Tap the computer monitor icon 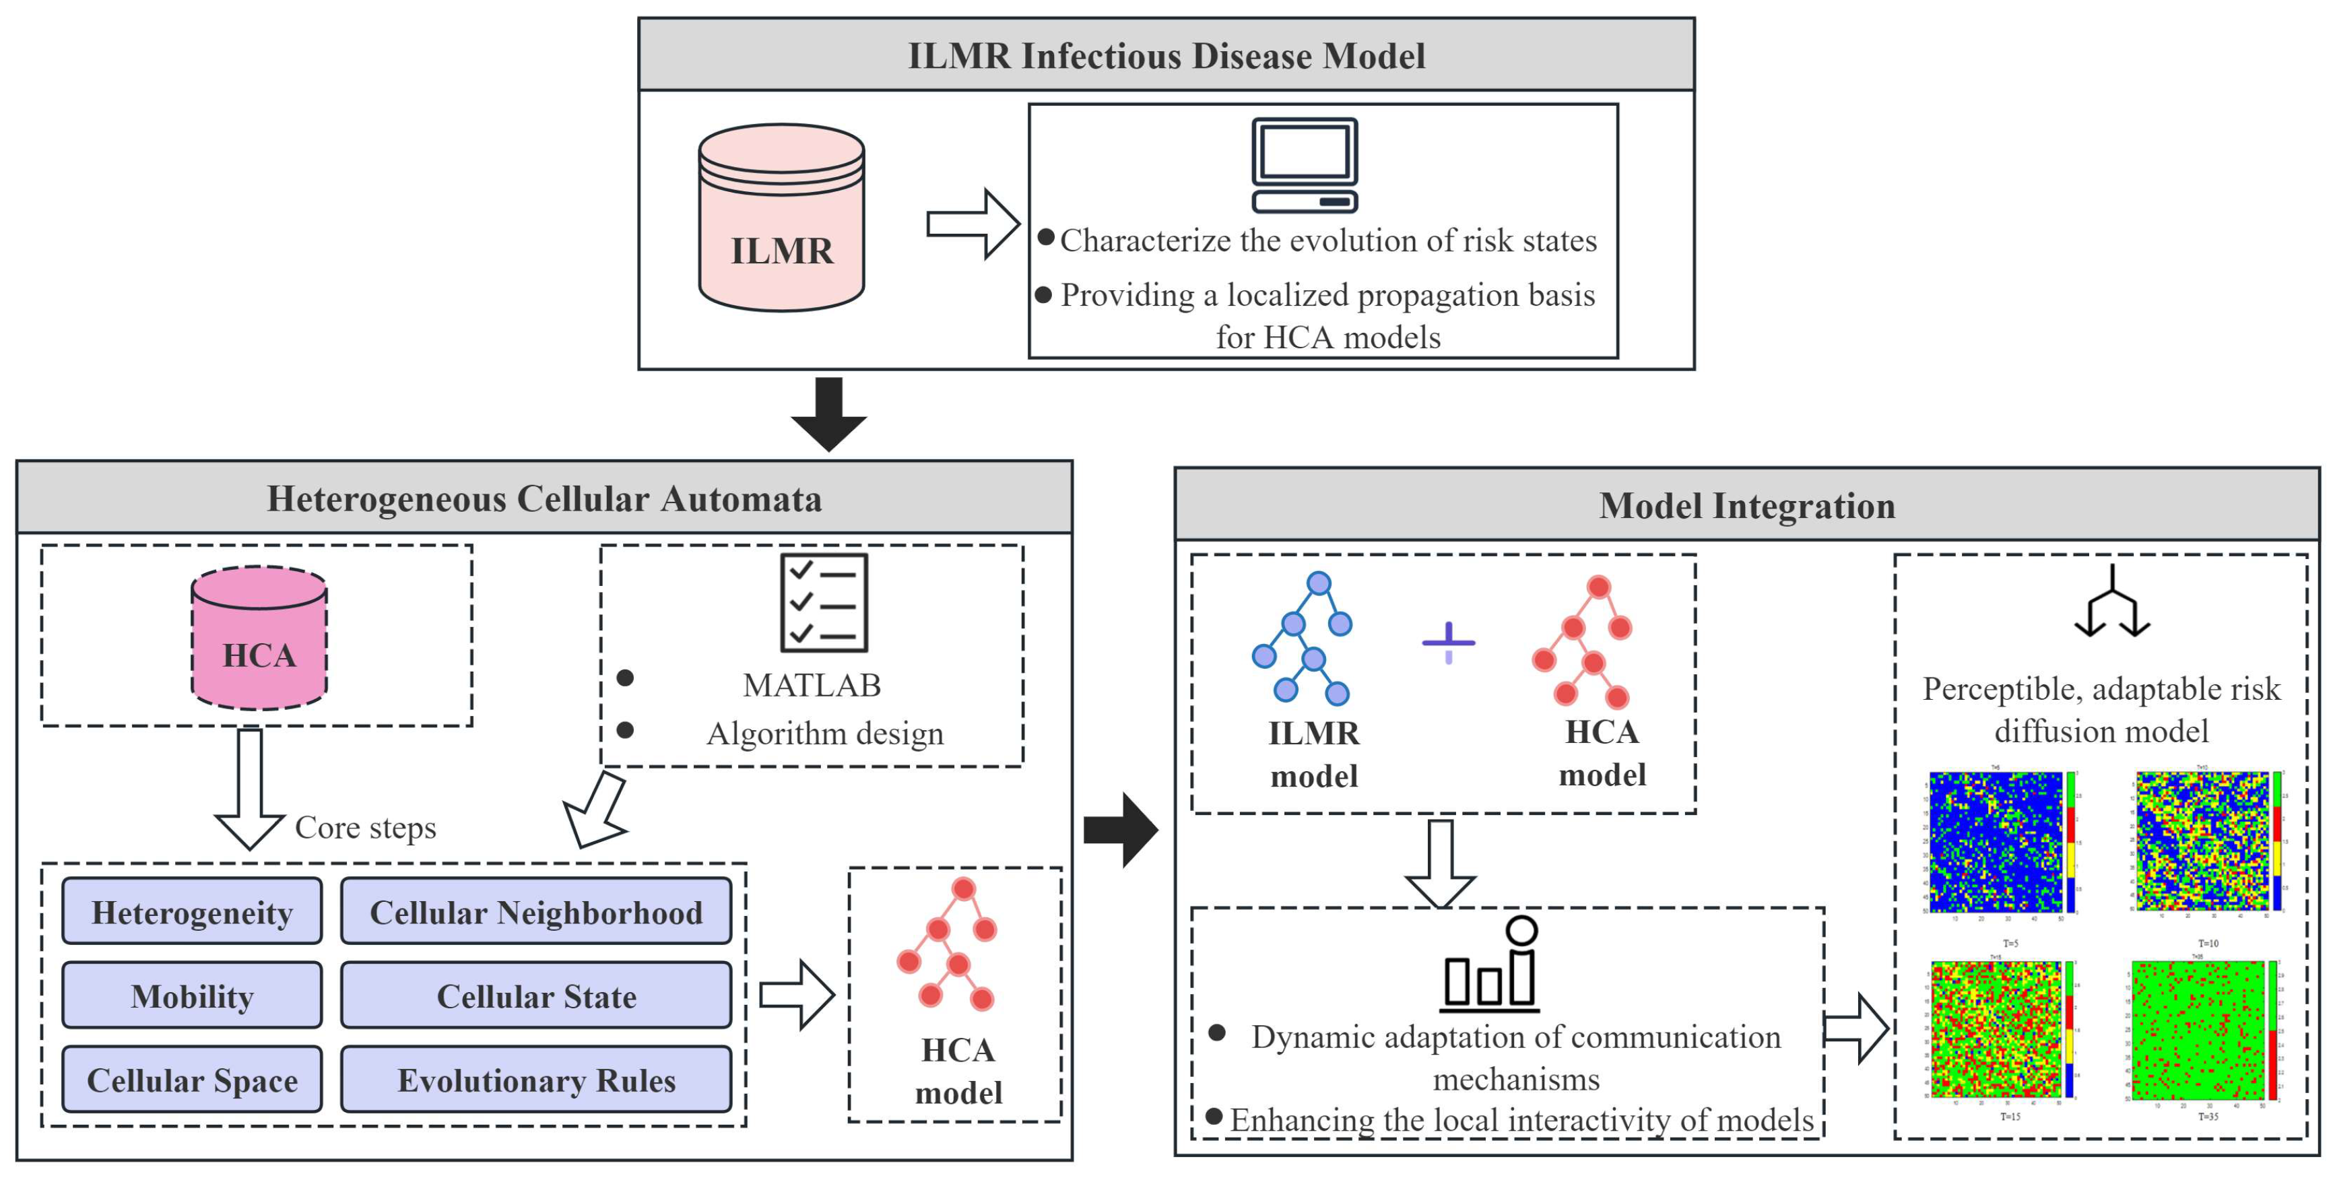1305,165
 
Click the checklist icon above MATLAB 824,603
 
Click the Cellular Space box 192,1080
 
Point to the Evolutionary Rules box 535,1080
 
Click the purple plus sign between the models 1449,643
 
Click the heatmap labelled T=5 1996,843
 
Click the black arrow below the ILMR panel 828,414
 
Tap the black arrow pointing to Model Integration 1121,829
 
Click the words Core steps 365,828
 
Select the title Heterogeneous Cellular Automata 544,498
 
